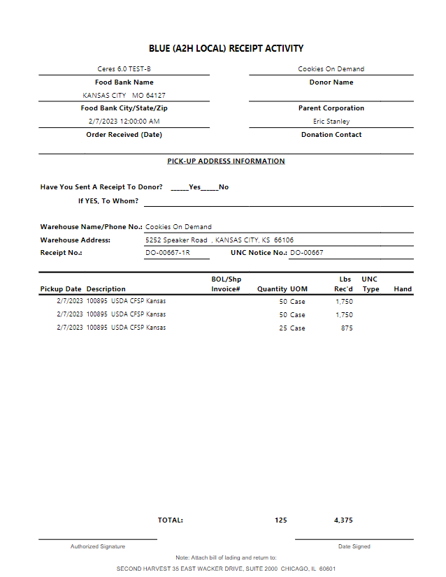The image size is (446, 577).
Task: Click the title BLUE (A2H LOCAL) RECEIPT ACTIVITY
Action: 226,48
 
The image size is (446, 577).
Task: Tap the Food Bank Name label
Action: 124,82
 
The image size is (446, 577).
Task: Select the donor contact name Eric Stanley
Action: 331,122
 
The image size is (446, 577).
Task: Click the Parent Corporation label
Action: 331,108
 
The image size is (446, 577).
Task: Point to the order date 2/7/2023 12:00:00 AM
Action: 124,122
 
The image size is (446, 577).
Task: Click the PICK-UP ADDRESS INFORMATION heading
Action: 226,161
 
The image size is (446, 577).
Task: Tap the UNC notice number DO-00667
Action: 307,253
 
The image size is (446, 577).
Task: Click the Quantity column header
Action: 272,288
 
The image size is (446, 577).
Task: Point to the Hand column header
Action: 403,288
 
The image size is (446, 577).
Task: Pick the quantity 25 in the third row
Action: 283,328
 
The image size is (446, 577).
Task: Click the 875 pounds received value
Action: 347,328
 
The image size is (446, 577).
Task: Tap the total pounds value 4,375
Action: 343,520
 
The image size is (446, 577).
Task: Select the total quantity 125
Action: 281,520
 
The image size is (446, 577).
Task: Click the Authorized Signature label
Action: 98,546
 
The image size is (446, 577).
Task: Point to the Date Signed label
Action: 354,546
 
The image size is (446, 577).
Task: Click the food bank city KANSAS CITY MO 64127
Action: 124,96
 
